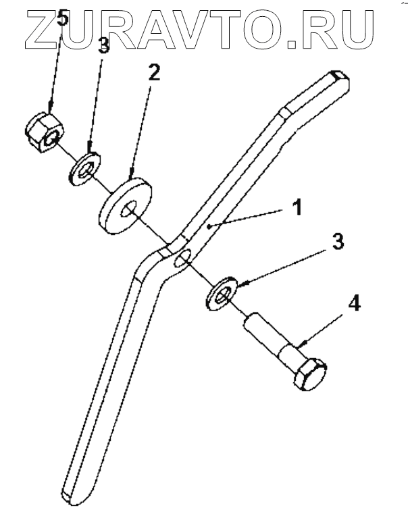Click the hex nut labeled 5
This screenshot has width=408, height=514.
[x=43, y=132]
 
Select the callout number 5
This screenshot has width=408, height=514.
[x=63, y=18]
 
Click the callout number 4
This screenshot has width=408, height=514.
[x=354, y=303]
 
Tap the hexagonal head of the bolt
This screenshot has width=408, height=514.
[x=310, y=375]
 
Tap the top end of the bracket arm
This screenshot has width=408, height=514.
[x=340, y=80]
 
